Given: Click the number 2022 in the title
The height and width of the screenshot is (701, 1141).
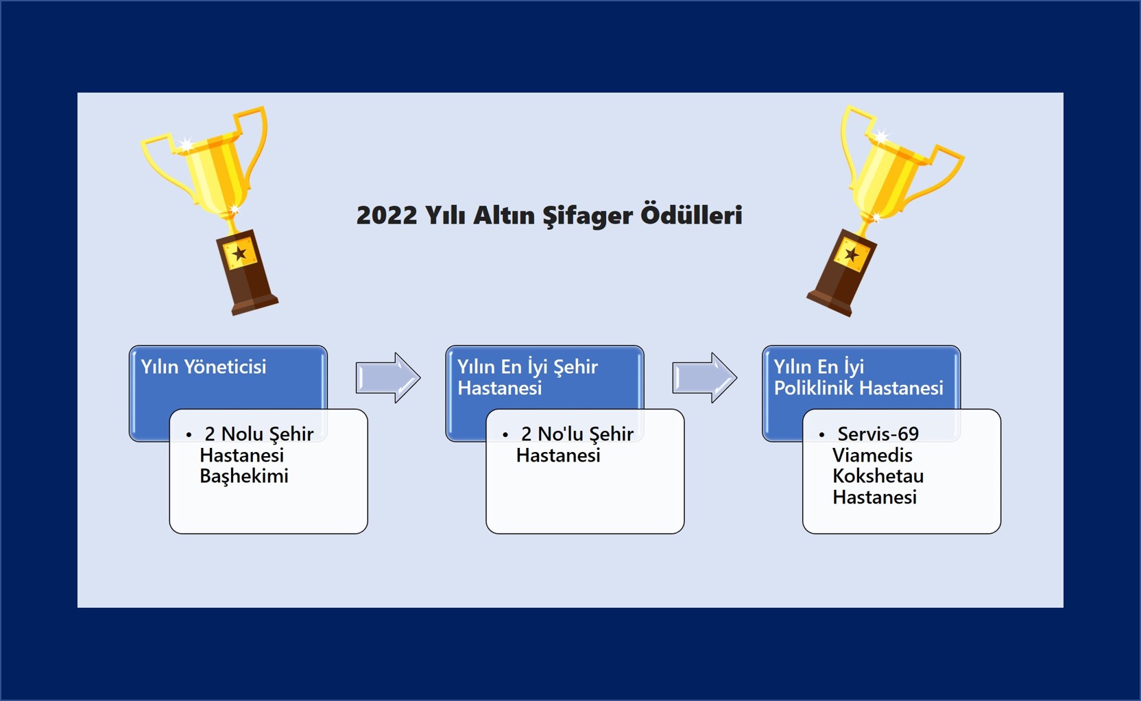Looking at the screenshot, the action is (387, 215).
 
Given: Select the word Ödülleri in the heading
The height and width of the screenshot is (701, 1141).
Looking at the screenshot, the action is (690, 214).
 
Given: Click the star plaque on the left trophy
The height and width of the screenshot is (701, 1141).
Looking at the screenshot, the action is (239, 253).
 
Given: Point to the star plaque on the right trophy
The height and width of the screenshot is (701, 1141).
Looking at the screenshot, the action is (852, 254).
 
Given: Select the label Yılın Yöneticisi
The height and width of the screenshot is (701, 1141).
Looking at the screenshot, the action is (203, 367).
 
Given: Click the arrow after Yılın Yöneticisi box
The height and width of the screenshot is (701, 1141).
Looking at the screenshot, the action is (388, 377).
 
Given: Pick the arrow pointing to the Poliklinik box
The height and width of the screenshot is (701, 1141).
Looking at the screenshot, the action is (704, 377).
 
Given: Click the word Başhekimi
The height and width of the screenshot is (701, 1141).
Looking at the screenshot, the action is (244, 476).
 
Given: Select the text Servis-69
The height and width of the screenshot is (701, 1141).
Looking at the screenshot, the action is (878, 434).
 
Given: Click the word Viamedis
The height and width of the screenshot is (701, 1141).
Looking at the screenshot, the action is (873, 455).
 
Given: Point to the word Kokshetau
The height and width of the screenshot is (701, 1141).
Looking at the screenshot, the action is (878, 476).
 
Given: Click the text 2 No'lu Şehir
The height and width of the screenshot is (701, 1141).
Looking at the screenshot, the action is (577, 434).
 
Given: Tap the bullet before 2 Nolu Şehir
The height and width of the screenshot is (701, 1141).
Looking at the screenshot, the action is (189, 435).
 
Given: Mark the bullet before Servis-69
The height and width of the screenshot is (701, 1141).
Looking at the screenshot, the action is (821, 435).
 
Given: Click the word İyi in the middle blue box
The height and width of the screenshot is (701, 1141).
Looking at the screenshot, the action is (537, 367).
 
